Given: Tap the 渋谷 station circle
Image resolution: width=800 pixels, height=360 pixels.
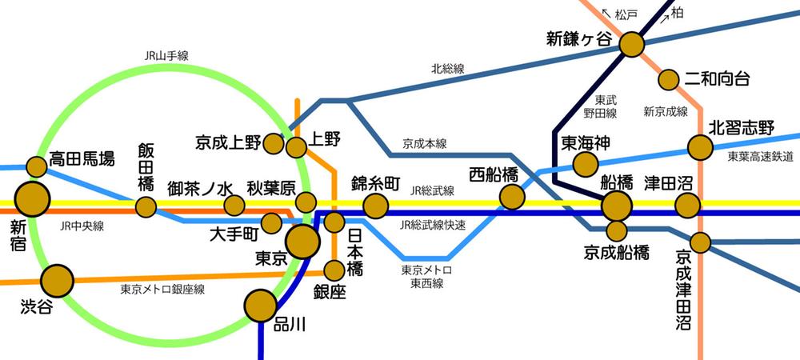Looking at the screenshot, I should click(x=57, y=281).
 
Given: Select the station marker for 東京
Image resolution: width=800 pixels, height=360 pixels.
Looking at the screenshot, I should click(x=303, y=241).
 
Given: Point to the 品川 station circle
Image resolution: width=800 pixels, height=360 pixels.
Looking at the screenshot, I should click(x=260, y=305).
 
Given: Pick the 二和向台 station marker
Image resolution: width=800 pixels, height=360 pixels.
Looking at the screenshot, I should click(x=669, y=79).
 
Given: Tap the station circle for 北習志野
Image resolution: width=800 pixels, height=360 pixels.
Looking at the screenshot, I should click(x=700, y=147).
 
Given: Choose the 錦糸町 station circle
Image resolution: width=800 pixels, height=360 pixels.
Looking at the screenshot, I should click(x=375, y=206).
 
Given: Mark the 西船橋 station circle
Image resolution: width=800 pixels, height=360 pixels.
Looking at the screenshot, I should click(x=511, y=197).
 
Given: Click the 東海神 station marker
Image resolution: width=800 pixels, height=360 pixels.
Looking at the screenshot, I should click(x=586, y=164).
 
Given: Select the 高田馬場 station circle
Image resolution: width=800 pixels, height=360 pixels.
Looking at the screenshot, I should click(x=37, y=166).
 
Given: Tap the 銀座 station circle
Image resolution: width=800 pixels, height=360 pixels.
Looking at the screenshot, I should click(x=334, y=270).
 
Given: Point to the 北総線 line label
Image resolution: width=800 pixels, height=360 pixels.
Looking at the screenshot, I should click(x=447, y=70).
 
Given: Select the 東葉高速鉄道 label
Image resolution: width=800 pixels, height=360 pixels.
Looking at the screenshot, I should click(x=761, y=157).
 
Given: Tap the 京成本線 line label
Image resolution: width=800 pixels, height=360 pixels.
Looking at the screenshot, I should click(x=424, y=144).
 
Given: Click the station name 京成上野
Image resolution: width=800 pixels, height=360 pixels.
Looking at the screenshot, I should click(x=228, y=143).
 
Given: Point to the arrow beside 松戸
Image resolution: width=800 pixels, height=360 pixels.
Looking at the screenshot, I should click(x=605, y=14).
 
